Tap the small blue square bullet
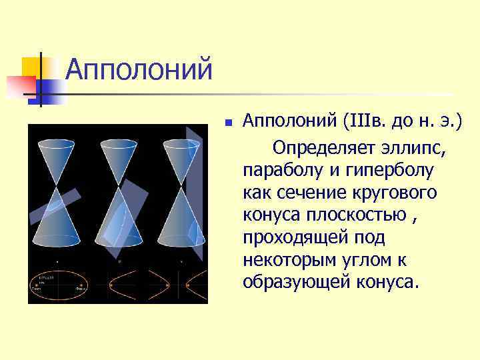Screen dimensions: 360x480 pos(227,123)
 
